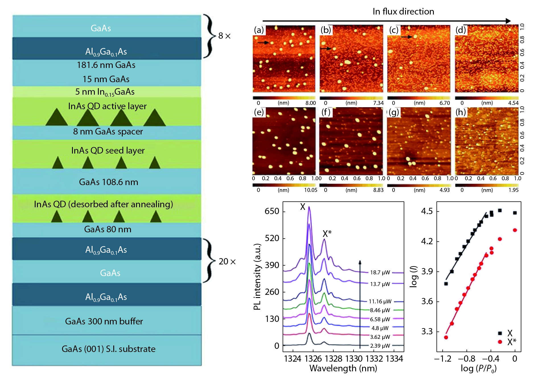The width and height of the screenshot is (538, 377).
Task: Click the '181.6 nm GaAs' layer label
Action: [x=106, y=65]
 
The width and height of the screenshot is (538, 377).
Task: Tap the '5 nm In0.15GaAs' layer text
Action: [x=105, y=92]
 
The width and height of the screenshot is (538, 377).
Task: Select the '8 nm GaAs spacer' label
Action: [x=108, y=132]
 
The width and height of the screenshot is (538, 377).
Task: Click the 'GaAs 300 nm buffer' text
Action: [x=104, y=321]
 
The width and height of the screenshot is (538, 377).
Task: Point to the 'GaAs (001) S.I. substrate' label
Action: [x=108, y=349]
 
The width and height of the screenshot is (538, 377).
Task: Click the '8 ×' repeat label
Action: [x=224, y=36]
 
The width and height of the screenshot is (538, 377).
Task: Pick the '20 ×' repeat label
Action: [x=227, y=262]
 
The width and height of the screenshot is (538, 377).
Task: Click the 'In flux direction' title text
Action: [x=403, y=11]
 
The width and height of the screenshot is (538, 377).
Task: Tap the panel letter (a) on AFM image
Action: [x=259, y=30]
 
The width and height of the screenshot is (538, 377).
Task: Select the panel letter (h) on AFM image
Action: [x=460, y=112]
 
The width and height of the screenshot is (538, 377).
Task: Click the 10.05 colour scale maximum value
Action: [x=311, y=190]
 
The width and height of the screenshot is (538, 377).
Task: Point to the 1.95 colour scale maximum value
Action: [x=514, y=190]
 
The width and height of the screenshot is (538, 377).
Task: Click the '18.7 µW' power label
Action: [x=380, y=272]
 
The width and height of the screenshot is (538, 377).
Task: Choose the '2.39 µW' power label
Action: [x=380, y=346]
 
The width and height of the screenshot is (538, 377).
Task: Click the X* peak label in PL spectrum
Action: [x=327, y=234]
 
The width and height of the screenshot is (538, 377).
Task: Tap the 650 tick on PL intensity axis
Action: [x=272, y=211]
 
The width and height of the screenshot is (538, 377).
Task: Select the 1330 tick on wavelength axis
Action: [x=354, y=359]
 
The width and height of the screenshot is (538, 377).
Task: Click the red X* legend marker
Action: [x=500, y=341]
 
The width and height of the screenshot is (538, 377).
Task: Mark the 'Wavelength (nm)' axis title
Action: [x=343, y=368]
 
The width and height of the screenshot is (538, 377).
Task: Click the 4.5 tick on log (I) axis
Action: [x=427, y=211]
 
